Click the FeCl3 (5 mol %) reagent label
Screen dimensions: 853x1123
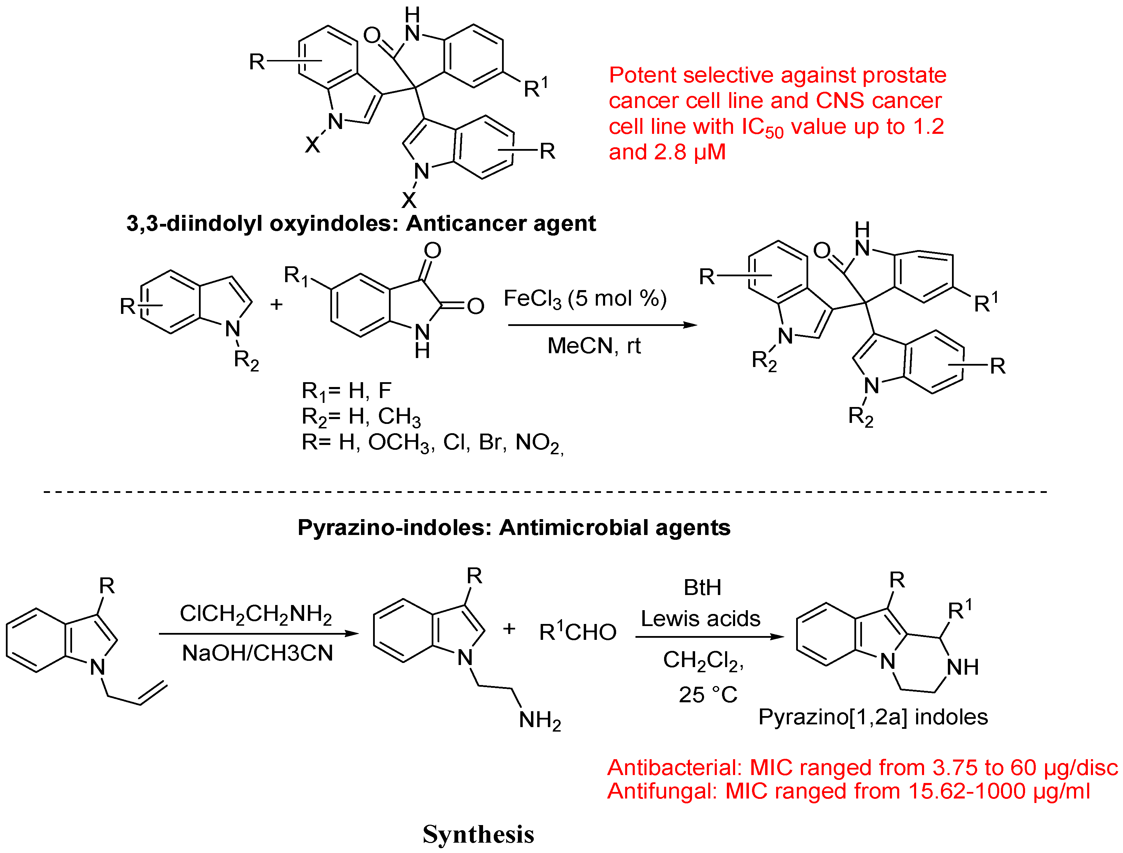coord(584,299)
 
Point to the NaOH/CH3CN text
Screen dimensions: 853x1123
coord(258,653)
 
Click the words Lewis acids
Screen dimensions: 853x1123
coord(701,618)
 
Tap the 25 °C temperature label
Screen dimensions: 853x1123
coord(708,695)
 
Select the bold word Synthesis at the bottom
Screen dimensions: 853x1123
coord(478,834)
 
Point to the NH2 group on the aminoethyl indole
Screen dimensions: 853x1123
coord(540,720)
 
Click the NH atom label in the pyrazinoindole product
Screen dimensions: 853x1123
coord(963,667)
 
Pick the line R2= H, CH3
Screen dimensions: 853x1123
coord(361,417)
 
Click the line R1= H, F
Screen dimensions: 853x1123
coord(346,391)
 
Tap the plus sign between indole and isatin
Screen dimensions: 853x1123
coord(276,304)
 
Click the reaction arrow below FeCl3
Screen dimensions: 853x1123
coord(603,325)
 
